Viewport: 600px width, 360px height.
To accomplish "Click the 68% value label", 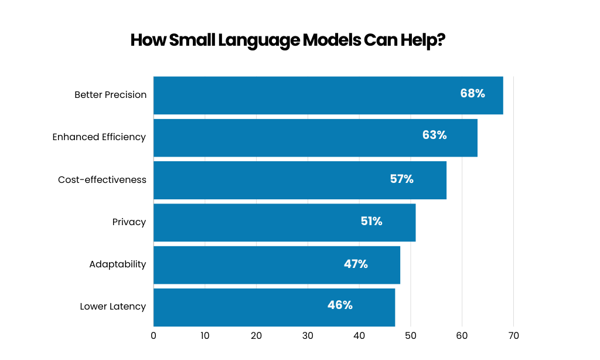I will click(472, 93).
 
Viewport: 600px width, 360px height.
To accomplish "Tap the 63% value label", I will click(434, 135).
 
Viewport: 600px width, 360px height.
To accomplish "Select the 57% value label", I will click(401, 179).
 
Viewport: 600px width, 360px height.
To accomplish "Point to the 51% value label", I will click(371, 221).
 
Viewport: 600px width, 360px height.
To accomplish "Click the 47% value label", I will click(356, 264).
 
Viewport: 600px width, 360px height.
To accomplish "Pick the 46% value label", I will click(340, 305).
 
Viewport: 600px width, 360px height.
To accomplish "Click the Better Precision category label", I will click(110, 94).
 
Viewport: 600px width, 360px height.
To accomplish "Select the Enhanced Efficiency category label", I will click(98, 137).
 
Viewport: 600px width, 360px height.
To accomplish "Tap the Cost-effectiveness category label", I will click(102, 179).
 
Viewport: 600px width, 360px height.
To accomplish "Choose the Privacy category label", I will click(129, 222).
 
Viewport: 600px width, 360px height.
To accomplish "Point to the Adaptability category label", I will click(117, 264).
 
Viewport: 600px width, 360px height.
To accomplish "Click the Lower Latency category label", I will click(112, 306).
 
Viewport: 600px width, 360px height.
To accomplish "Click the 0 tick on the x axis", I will click(154, 336).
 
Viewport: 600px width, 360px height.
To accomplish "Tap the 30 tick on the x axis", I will click(308, 336).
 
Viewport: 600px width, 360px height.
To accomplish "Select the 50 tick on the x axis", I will click(411, 336).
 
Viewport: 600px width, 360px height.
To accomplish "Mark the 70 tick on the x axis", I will click(513, 336).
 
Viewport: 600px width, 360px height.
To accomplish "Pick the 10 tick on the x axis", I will click(204, 336).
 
